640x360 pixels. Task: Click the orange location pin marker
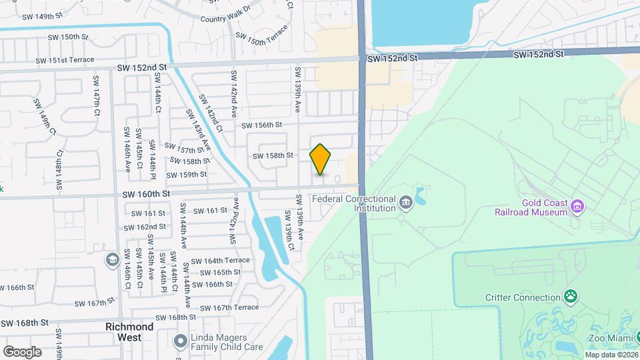tap(321, 159)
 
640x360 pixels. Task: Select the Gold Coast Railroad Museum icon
tap(578, 207)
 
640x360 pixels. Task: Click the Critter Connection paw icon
tap(571, 295)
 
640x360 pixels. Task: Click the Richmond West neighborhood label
tap(129, 332)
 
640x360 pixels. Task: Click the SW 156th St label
tap(262, 125)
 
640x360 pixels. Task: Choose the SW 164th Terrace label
tap(220, 261)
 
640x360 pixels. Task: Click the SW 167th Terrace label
tap(228, 307)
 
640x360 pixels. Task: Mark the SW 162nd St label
tap(148, 227)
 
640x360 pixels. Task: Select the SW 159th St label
tap(187, 175)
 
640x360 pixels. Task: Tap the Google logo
tap(22, 352)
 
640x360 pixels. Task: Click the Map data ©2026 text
tap(609, 354)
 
